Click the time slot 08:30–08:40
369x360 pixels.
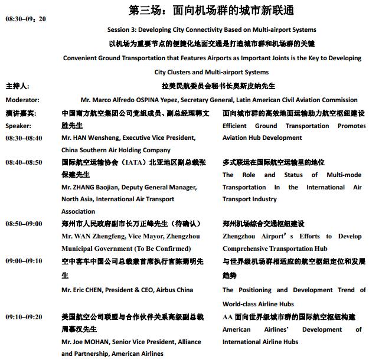[x=24, y=138]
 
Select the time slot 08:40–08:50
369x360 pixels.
[x=24, y=162]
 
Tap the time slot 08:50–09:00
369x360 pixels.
[x=24, y=224]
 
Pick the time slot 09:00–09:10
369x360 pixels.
[x=24, y=261]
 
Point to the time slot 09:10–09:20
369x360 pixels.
[x=24, y=317]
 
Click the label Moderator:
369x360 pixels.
[x=22, y=100]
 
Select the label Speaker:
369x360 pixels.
[x=19, y=126]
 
